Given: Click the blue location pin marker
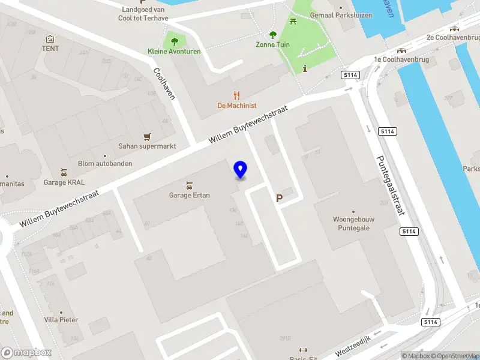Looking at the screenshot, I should coord(240,170).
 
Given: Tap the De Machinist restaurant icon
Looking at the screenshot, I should coord(237,95).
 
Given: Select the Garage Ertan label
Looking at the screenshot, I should coord(189,194).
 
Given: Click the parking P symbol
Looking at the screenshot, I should coord(279,198).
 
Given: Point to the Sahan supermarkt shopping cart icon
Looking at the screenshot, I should coord(147,136).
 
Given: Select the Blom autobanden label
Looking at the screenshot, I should coord(105,163).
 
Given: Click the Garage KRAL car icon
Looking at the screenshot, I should coord(64,172).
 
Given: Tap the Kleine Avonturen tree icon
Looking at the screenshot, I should coord(175,41).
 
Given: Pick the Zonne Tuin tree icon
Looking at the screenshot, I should coord(273,35).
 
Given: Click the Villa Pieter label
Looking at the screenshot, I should coord(61,320).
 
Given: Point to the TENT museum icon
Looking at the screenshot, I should coord(50,39).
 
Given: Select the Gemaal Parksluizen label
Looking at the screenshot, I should coord(334,15).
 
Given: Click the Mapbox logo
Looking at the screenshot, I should coord(26,353).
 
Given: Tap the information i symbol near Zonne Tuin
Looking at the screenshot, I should coord(305,68).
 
